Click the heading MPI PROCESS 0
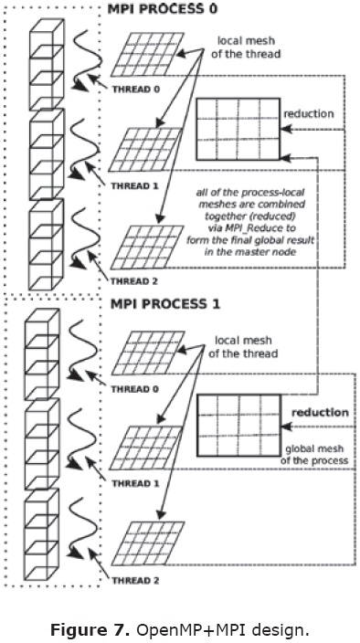click(162, 9)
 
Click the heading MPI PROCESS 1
click(164, 304)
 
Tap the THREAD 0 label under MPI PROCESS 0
click(135, 89)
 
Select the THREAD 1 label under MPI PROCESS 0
click(135, 185)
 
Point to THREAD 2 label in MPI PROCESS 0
click(135, 281)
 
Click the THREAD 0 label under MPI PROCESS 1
click(135, 388)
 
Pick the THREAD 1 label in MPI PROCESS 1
click(135, 483)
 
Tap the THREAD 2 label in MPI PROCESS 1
click(135, 581)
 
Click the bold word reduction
click(320, 412)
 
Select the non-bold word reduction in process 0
click(309, 113)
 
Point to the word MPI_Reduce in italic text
click(233, 228)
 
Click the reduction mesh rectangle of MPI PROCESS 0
click(238, 129)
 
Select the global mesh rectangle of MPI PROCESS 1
click(239, 426)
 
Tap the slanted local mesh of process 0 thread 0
click(148, 55)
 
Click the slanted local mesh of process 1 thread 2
click(148, 543)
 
